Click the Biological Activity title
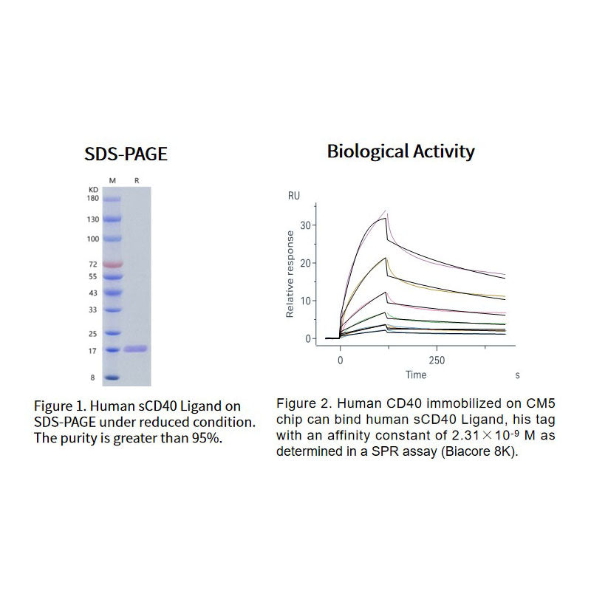click(x=401, y=152)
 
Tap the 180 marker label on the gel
click(x=93, y=198)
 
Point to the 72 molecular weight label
click(x=94, y=264)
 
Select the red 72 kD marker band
click(x=112, y=264)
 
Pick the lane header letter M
click(x=112, y=180)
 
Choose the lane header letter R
click(x=135, y=180)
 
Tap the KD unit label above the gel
click(x=93, y=189)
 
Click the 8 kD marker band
click(x=112, y=377)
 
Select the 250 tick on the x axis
click(x=436, y=361)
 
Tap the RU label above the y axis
click(x=293, y=197)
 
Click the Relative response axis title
click(x=290, y=274)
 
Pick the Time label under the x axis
click(x=416, y=375)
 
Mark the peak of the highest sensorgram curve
click(x=386, y=213)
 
